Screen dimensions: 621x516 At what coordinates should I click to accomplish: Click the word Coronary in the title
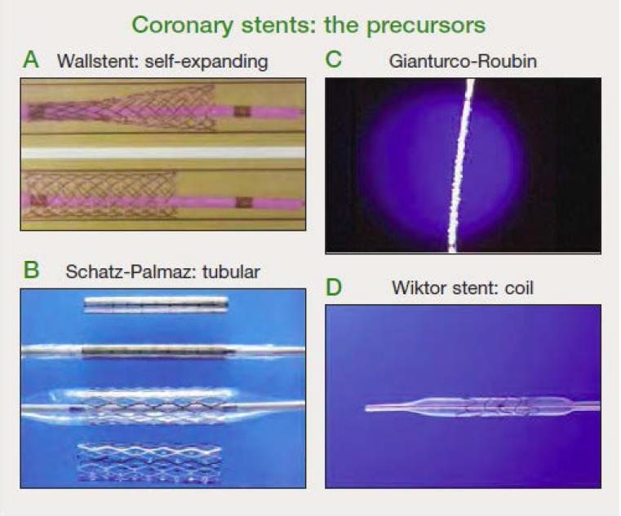pyautogui.click(x=183, y=26)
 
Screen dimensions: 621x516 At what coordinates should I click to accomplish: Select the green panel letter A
pyautogui.click(x=31, y=60)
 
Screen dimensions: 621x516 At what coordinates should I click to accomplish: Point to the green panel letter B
pyautogui.click(x=31, y=270)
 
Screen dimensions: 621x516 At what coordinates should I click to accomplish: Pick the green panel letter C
pyautogui.click(x=333, y=60)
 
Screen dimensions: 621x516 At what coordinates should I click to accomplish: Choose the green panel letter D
pyautogui.click(x=333, y=287)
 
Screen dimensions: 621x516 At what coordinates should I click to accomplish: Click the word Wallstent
pyautogui.click(x=97, y=61)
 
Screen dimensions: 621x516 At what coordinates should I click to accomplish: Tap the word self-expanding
pyautogui.click(x=206, y=62)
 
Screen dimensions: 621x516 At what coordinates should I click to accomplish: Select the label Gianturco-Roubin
pyautogui.click(x=463, y=61)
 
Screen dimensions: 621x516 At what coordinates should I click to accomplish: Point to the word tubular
pyautogui.click(x=231, y=271)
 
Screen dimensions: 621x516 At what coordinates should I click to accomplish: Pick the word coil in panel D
pyautogui.click(x=519, y=288)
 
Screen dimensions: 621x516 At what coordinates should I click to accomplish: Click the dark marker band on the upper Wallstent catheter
pyautogui.click(x=242, y=112)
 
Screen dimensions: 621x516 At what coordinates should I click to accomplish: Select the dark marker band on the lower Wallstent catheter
pyautogui.click(x=244, y=202)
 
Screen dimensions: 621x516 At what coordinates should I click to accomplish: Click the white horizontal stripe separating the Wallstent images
pyautogui.click(x=163, y=152)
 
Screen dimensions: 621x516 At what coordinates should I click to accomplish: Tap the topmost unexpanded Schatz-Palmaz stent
pyautogui.click(x=156, y=305)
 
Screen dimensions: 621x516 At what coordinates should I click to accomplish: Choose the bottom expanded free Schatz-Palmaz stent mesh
pyautogui.click(x=149, y=463)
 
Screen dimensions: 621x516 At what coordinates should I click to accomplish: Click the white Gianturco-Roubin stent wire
pyautogui.click(x=460, y=165)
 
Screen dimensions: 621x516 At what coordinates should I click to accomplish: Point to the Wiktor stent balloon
pyautogui.click(x=497, y=407)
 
